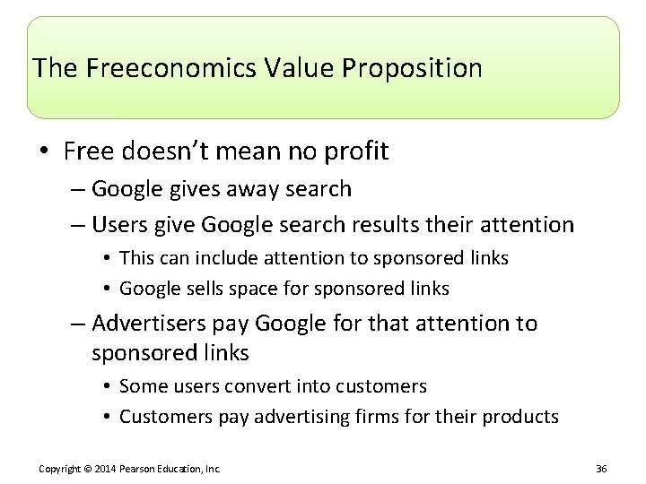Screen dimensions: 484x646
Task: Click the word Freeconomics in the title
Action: pos(149,68)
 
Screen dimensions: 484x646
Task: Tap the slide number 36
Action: pos(601,468)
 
